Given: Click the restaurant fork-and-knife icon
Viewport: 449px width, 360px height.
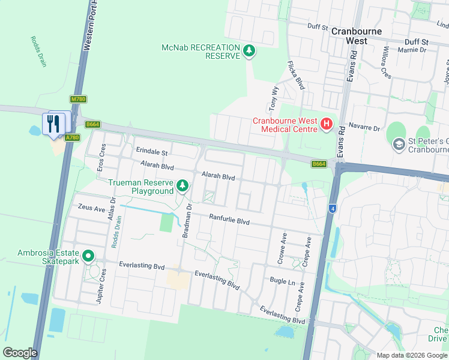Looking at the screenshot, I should pyautogui.click(x=55, y=123).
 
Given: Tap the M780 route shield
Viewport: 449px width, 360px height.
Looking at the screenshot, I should pyautogui.click(x=77, y=99).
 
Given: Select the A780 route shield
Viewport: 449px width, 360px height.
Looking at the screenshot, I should pyautogui.click(x=73, y=137).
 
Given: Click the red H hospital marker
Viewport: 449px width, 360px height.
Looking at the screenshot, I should pyautogui.click(x=326, y=125).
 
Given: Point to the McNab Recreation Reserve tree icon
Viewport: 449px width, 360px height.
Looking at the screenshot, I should pyautogui.click(x=249, y=52).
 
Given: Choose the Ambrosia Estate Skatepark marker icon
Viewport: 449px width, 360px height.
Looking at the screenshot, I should pyautogui.click(x=88, y=257).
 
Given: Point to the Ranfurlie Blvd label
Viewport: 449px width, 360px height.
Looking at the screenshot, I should pyautogui.click(x=229, y=220).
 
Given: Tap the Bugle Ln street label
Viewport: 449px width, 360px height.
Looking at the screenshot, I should pyautogui.click(x=283, y=281).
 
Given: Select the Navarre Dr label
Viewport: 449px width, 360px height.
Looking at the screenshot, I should pyautogui.click(x=365, y=128).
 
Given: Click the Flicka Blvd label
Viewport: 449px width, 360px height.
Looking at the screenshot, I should pyautogui.click(x=297, y=75).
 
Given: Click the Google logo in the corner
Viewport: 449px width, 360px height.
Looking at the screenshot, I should pyautogui.click(x=20, y=352).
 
